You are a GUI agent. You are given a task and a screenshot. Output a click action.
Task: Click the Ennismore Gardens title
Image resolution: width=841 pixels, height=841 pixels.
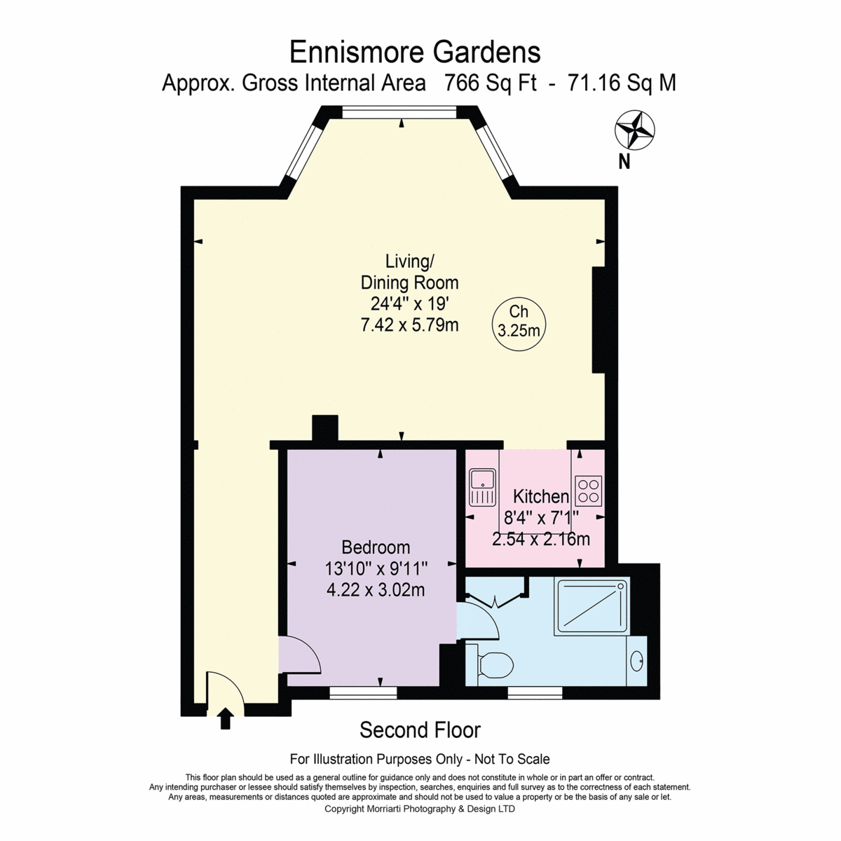415,53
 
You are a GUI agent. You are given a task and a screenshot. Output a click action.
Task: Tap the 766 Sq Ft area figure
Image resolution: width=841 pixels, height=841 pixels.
490,83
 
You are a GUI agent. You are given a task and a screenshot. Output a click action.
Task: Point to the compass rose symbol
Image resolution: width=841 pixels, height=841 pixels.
634,130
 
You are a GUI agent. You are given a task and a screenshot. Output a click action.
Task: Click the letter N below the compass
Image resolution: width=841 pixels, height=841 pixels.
624,162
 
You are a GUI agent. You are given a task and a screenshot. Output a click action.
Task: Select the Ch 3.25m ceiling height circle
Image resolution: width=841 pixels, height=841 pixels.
519,324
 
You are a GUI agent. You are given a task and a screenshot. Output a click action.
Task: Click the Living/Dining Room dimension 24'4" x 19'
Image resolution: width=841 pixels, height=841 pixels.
409,303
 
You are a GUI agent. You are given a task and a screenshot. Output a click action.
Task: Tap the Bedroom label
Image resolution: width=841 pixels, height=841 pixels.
376,547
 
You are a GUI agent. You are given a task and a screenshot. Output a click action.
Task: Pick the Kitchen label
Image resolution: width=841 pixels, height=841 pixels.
541,496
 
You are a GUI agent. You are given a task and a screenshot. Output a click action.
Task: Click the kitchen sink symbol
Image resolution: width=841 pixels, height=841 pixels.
481,487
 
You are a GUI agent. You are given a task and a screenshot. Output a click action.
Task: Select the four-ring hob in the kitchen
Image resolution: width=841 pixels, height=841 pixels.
589,491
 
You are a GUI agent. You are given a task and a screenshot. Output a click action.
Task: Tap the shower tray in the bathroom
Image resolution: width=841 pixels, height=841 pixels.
592,606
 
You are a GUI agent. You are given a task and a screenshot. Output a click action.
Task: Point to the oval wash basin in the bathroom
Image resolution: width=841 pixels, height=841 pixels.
637,663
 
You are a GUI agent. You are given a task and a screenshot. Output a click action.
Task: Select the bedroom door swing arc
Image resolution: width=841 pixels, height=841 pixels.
306,649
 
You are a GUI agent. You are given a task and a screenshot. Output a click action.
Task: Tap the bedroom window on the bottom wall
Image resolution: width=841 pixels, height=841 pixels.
363,693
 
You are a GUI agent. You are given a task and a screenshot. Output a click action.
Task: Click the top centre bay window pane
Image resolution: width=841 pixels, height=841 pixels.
399,113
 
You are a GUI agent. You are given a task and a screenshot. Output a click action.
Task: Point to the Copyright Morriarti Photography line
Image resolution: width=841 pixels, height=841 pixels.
419,809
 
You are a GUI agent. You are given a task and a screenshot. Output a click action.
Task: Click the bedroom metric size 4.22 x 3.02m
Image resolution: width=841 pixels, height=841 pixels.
376,589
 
